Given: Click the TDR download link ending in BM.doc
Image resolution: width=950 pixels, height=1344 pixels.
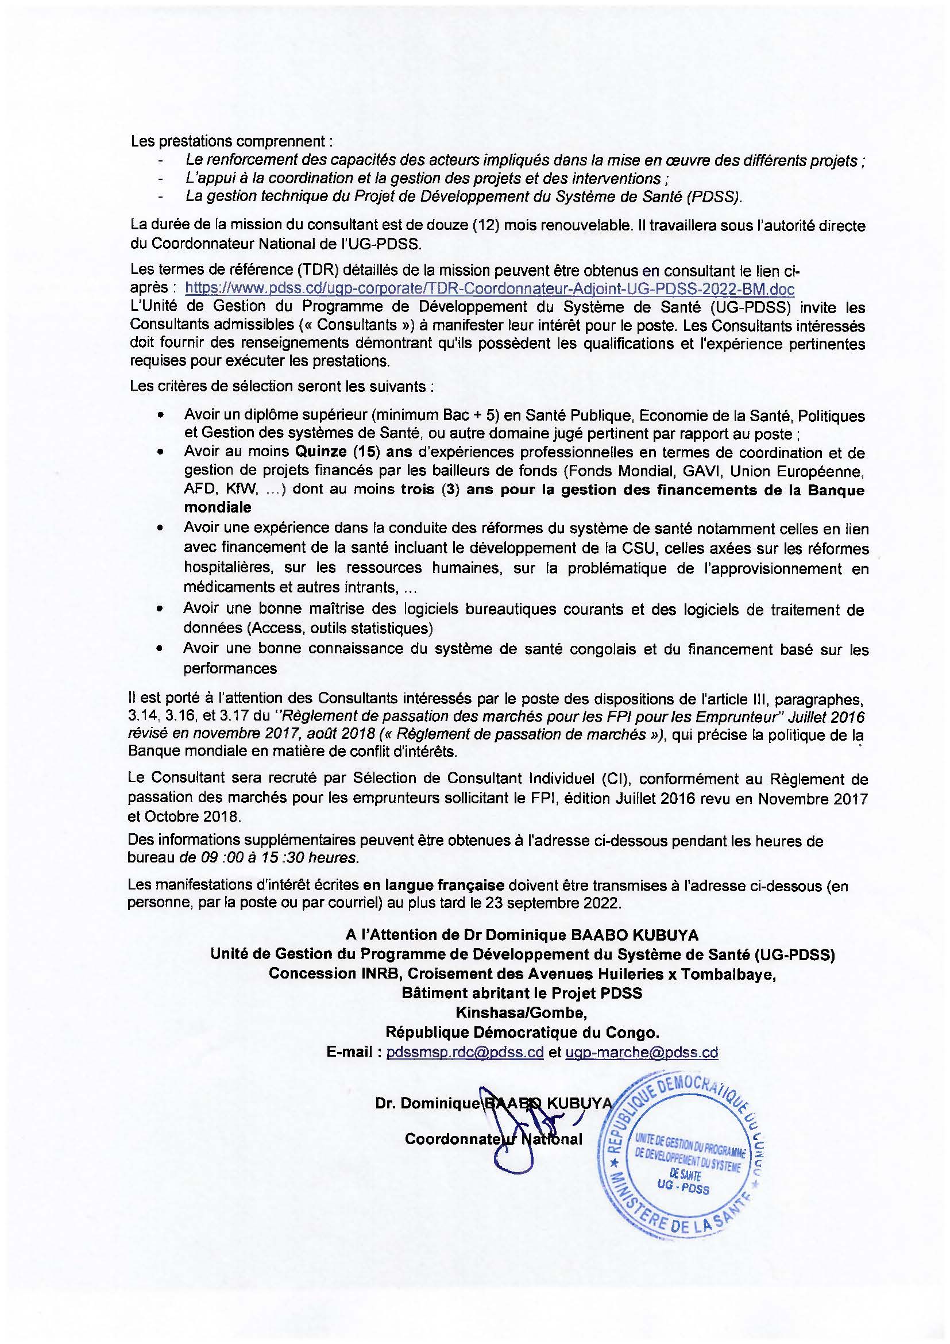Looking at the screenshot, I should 489,288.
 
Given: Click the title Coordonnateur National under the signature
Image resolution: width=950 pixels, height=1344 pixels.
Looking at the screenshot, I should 493,1139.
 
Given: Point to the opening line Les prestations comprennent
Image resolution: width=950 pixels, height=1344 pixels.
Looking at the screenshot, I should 231,141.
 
